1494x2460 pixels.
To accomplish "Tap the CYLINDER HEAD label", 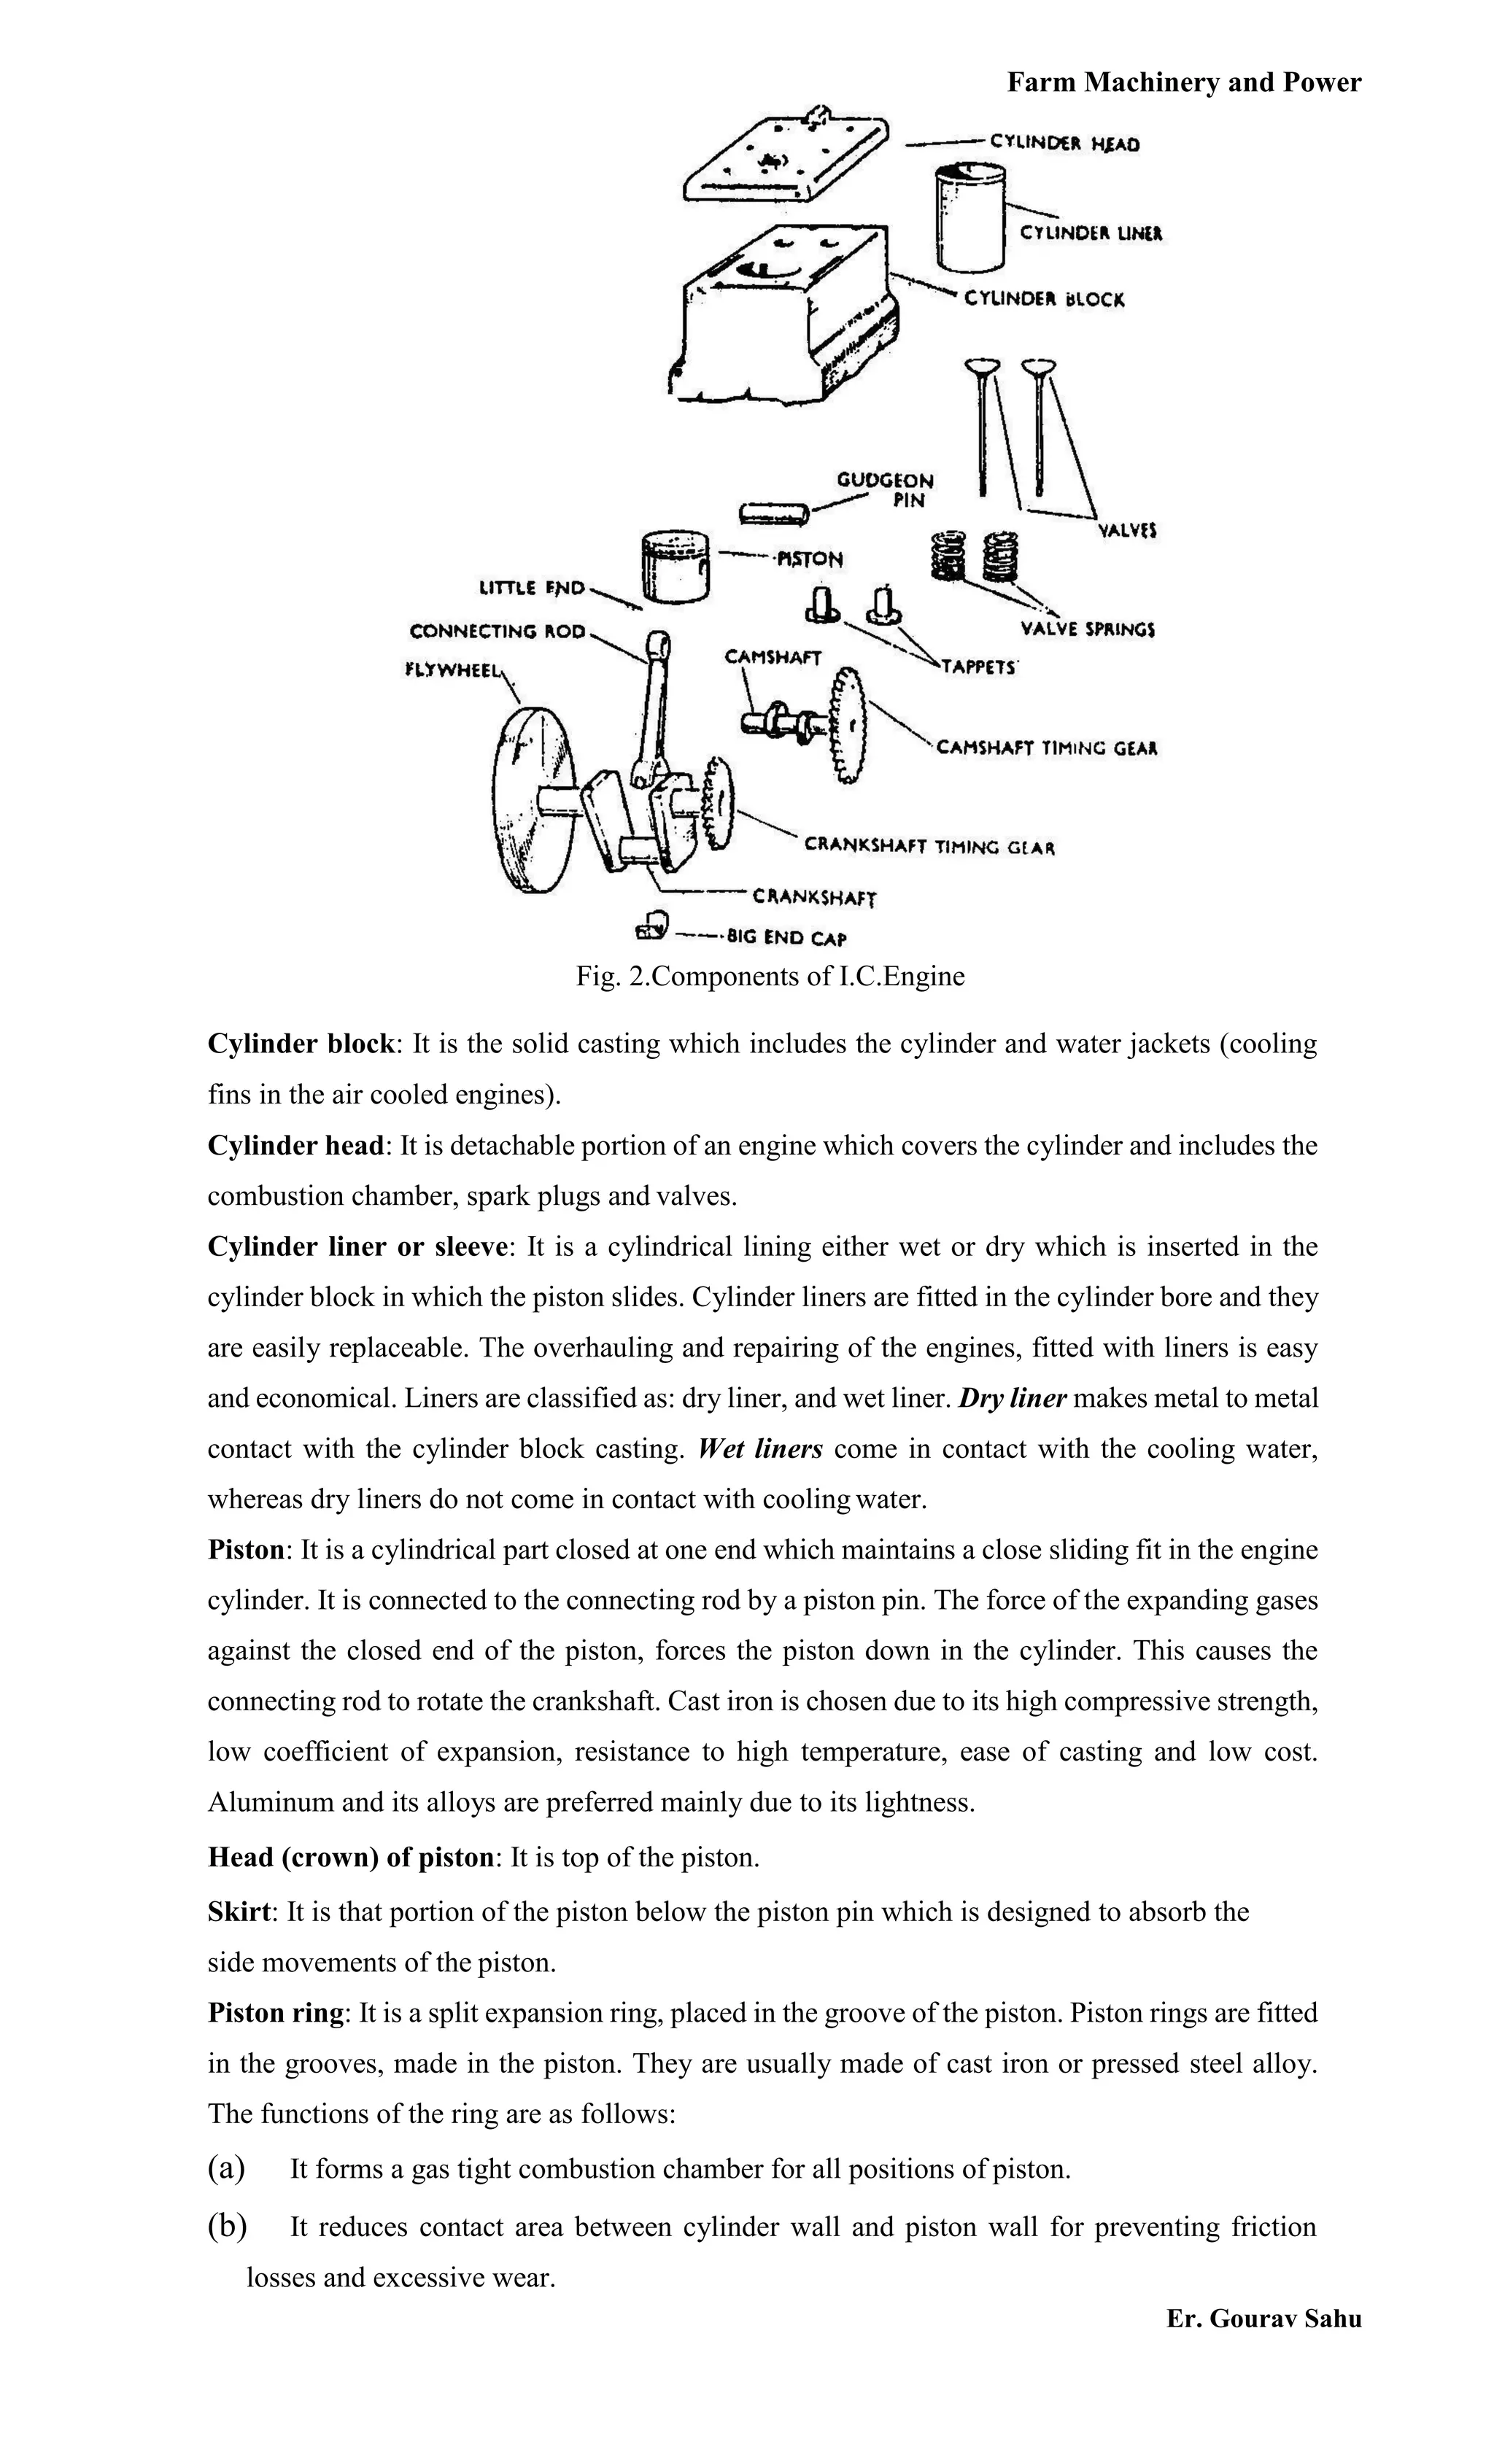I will pyautogui.click(x=1064, y=144).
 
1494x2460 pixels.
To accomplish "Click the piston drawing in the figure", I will pyautogui.click(x=676, y=566).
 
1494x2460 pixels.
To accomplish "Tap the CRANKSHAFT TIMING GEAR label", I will pyautogui.click(x=929, y=847).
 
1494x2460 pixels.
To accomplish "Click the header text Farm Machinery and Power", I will pyautogui.click(x=1183, y=82).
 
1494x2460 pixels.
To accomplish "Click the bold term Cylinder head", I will pyautogui.click(x=295, y=1145).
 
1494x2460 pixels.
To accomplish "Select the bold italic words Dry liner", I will pyautogui.click(x=1013, y=1397).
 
